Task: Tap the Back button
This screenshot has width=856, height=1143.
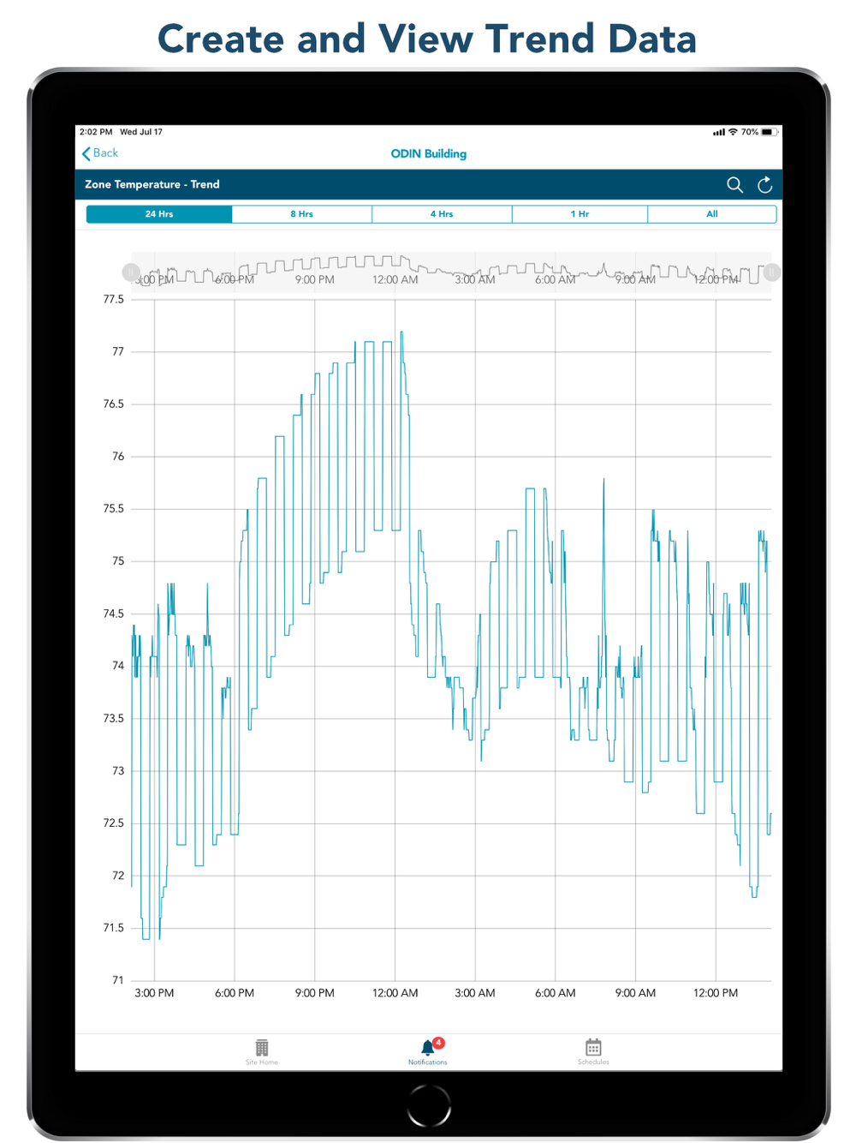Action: tap(100, 153)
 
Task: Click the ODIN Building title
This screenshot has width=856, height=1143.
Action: tap(428, 154)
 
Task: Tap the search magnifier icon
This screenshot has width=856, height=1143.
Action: tap(734, 185)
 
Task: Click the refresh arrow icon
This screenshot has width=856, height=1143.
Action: tap(765, 185)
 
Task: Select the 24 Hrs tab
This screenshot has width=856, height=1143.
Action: tap(159, 214)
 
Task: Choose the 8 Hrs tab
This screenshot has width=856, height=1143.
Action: tap(301, 214)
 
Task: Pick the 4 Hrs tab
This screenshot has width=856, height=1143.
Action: tap(442, 214)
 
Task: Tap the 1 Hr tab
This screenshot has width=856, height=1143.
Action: tap(580, 214)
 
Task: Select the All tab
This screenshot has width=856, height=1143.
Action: tap(711, 214)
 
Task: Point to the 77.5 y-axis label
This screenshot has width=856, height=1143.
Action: tap(113, 300)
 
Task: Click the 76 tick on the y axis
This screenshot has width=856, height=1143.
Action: tap(118, 457)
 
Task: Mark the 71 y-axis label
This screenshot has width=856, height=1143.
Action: tap(118, 980)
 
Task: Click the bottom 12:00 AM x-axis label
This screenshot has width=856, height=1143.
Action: tap(395, 993)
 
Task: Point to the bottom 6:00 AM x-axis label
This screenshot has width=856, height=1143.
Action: tap(555, 993)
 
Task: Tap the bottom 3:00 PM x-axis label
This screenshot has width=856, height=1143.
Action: tap(154, 993)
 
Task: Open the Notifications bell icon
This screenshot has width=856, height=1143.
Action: tap(428, 1048)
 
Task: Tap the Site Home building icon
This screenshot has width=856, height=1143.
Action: tap(262, 1048)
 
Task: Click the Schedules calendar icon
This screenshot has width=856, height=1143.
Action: tap(593, 1048)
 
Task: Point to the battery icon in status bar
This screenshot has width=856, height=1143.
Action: tap(768, 132)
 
